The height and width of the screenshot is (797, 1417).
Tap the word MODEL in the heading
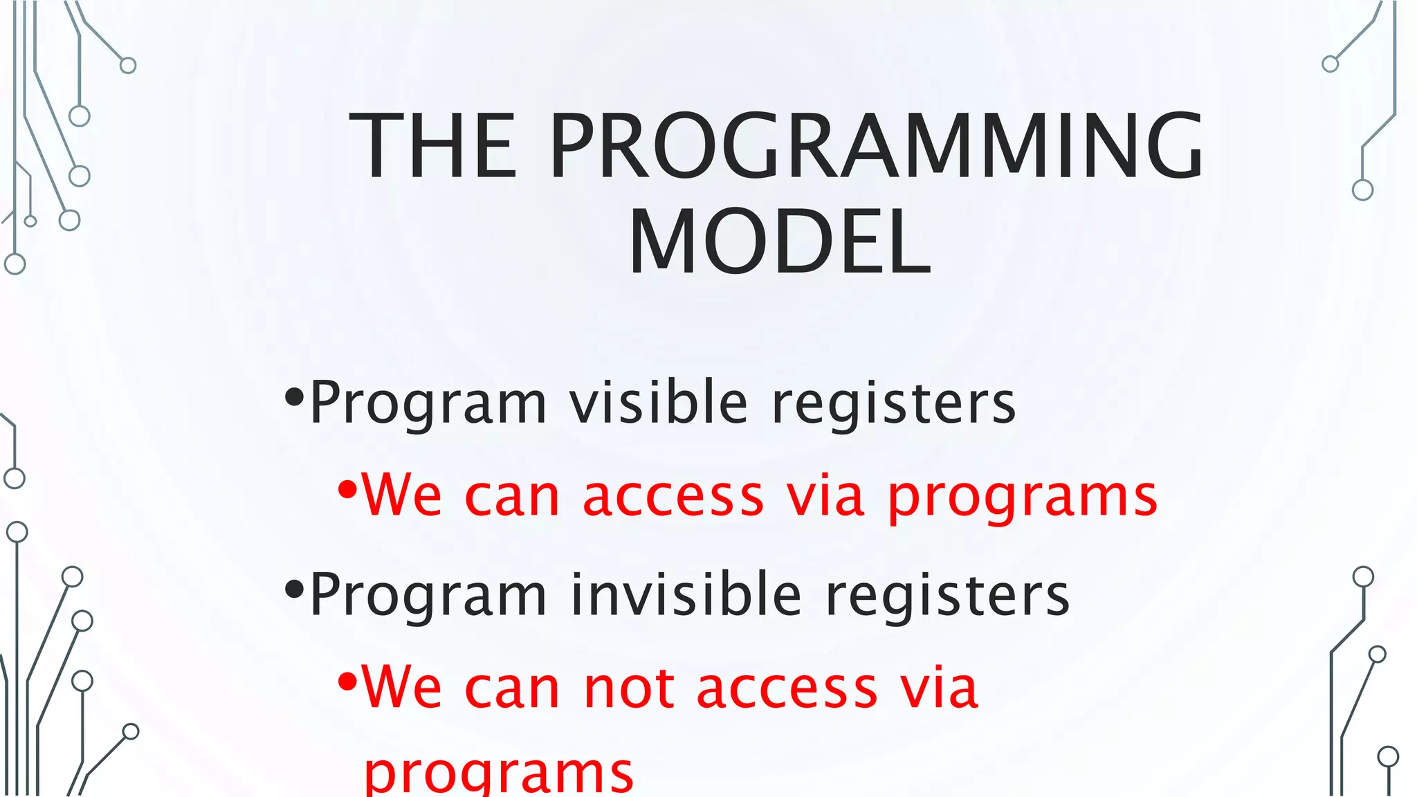[780, 242]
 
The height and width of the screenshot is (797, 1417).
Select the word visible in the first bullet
[658, 403]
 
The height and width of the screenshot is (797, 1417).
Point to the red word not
[628, 688]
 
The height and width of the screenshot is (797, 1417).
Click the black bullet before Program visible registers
[294, 397]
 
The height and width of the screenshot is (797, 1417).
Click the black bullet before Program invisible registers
[294, 589]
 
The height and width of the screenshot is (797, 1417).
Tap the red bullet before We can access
[347, 491]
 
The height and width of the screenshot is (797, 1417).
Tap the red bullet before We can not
[347, 683]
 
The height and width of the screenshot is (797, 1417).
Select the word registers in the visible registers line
[893, 403]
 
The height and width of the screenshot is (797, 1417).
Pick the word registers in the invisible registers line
[947, 595]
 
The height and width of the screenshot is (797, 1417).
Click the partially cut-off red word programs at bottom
[498, 775]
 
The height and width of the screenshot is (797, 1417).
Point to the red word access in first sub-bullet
[673, 497]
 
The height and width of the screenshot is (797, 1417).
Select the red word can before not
[511, 688]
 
